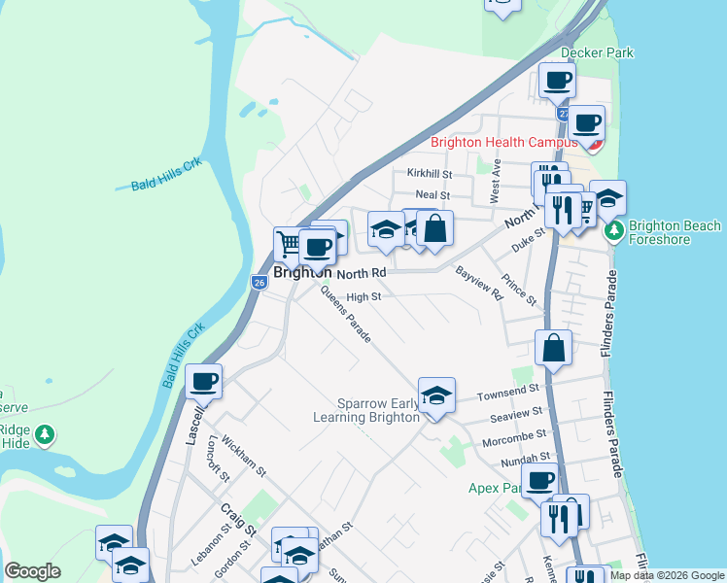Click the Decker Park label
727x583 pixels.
click(x=597, y=52)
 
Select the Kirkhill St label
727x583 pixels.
click(x=430, y=174)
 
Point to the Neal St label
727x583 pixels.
click(x=433, y=195)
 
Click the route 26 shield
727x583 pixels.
click(x=259, y=283)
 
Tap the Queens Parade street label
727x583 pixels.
click(x=345, y=317)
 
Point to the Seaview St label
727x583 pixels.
click(x=510, y=415)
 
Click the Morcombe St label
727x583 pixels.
click(x=514, y=436)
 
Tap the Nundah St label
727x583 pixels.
click(x=526, y=456)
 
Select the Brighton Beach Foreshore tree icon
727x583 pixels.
click(x=614, y=231)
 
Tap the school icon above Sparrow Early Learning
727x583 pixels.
click(x=436, y=395)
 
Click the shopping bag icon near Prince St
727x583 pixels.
click(x=552, y=348)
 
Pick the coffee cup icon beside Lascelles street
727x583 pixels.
click(x=203, y=381)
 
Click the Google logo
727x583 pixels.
click(x=32, y=572)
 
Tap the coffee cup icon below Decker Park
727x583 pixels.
click(x=557, y=80)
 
